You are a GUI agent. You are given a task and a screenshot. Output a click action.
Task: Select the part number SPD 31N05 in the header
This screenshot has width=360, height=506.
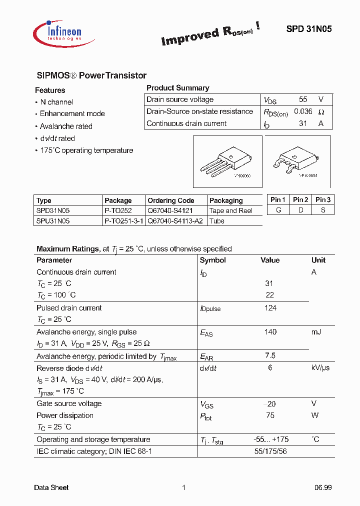point(308,29)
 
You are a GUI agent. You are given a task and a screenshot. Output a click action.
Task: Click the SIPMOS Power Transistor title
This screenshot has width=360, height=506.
point(91,75)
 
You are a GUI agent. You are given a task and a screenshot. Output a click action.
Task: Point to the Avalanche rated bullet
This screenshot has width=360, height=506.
point(66,126)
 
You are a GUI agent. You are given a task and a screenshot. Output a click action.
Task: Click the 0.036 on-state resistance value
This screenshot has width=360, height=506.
point(303,111)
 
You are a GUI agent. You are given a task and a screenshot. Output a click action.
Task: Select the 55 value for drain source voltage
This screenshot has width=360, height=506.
point(303,99)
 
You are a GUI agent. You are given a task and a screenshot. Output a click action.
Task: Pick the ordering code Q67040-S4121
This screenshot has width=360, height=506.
point(170,210)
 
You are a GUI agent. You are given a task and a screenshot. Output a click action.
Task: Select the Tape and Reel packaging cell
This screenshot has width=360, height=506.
point(230,210)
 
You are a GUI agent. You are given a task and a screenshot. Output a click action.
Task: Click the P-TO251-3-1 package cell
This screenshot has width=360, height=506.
point(123,220)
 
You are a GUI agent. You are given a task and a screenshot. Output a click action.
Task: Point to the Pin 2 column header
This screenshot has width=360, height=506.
point(300,199)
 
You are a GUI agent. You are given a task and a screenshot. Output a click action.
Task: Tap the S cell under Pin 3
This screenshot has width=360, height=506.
point(323,210)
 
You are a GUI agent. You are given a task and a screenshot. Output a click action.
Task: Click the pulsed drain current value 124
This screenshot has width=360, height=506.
point(270,308)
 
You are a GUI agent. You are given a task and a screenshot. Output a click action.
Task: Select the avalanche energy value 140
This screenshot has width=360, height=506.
point(270,332)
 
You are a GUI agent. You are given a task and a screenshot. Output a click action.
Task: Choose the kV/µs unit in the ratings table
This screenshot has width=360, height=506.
point(320,368)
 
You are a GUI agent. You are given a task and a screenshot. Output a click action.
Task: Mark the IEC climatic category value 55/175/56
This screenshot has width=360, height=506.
point(270,451)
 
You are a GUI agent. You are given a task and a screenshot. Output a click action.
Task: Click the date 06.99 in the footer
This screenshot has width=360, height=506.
point(323,487)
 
